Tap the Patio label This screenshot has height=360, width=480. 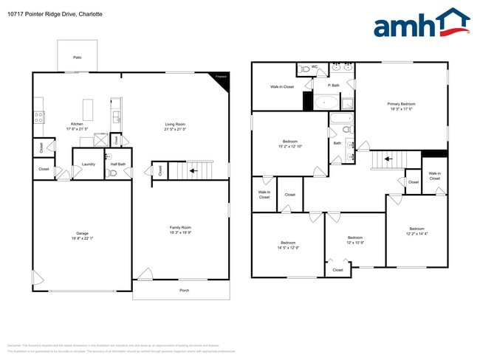point(77,57)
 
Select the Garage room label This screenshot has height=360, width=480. point(81,233)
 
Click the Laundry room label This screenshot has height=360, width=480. point(88,164)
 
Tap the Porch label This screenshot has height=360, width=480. point(184,290)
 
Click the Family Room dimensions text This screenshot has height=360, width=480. point(181,232)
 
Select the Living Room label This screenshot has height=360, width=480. point(175,123)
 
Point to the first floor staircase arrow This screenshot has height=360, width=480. point(193,170)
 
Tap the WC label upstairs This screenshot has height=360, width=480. point(314,66)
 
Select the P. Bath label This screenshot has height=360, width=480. point(334,85)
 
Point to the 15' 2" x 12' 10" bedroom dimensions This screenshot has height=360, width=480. point(289,146)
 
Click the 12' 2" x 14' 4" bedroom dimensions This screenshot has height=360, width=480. point(416,233)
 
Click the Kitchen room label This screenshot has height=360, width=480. point(77,123)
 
